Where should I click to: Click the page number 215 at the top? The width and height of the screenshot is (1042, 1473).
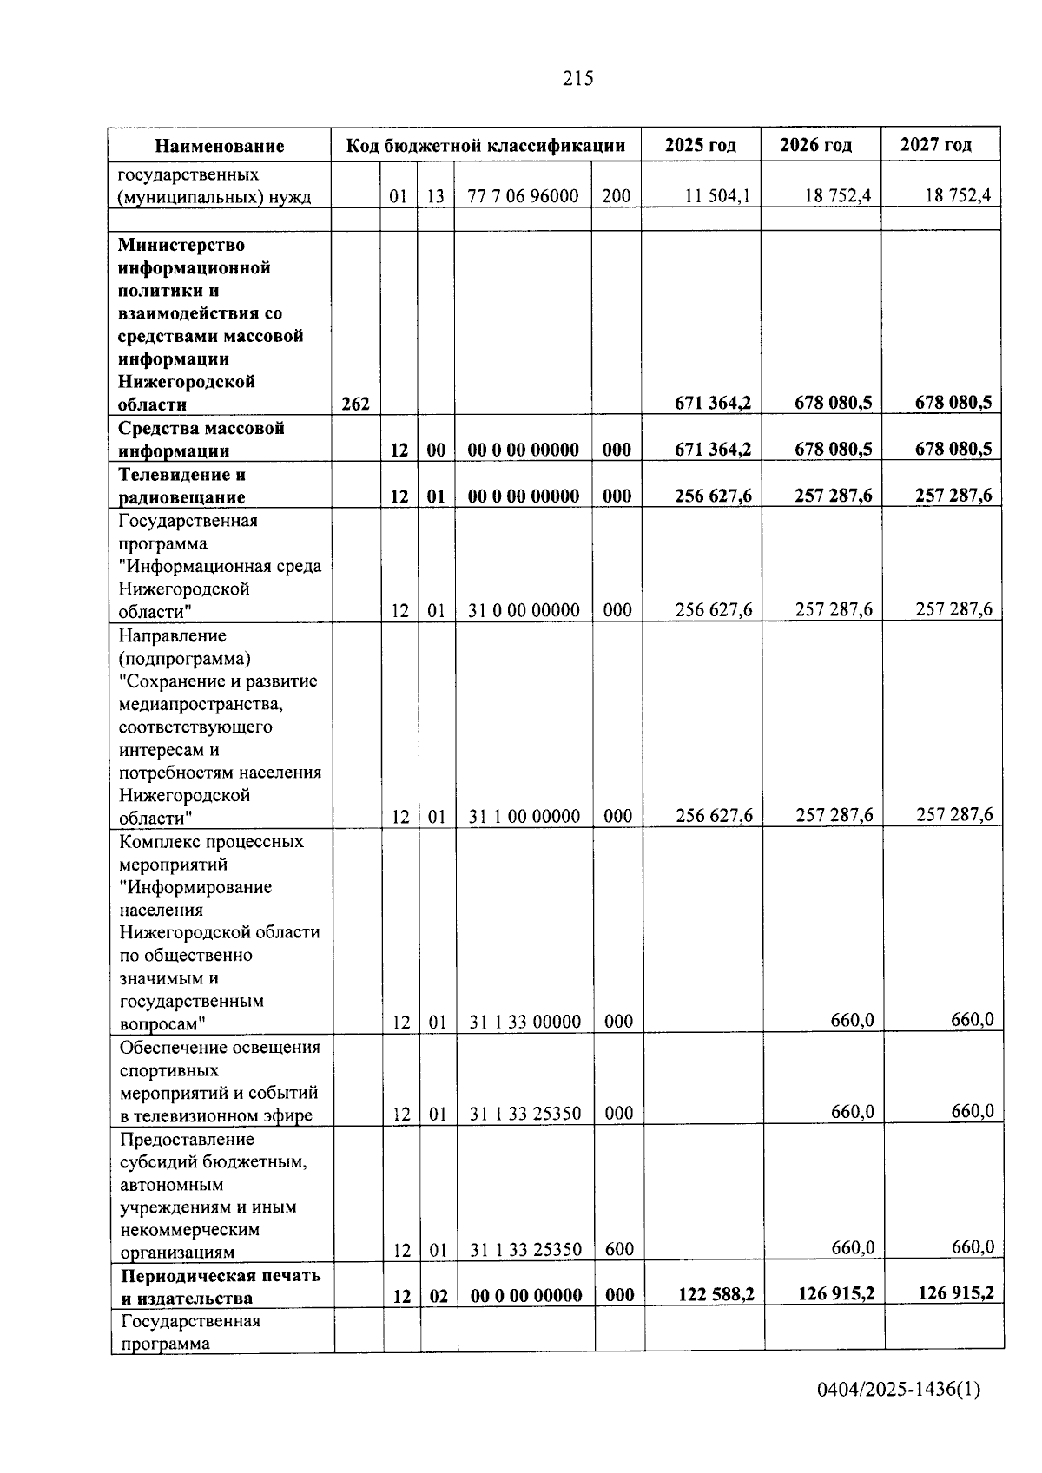point(577,79)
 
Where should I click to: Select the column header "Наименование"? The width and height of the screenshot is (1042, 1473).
point(220,146)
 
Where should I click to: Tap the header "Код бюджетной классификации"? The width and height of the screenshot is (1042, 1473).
point(485,145)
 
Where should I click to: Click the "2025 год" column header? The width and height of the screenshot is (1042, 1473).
point(700,145)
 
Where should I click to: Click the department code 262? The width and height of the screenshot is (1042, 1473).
point(355,404)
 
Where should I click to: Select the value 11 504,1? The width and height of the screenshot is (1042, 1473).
point(717,196)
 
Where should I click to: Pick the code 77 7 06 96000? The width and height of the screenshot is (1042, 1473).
point(523,196)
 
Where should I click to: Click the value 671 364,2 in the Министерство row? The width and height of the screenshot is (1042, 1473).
point(713,403)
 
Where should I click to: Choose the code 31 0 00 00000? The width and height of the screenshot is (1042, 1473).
point(524,610)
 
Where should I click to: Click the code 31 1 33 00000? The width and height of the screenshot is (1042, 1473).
point(524,1022)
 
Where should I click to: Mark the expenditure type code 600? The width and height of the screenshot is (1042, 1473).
point(618,1249)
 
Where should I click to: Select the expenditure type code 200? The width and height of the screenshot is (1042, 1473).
point(617,196)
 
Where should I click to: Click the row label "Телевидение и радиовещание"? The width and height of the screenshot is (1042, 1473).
point(182,485)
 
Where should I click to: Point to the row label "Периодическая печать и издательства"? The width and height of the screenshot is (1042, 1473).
point(221,1286)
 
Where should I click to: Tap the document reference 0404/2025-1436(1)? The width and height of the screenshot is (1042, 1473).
point(899,1390)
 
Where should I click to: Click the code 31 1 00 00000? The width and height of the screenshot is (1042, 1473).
point(524,816)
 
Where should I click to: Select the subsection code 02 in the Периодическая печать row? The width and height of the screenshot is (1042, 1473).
point(439,1296)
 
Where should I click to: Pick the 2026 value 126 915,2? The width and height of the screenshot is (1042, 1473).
point(836,1293)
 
